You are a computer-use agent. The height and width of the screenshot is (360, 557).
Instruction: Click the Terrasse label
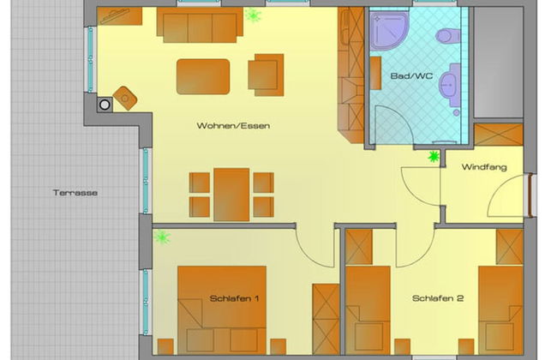pos(75,193)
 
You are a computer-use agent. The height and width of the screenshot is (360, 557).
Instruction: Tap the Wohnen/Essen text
pos(233,125)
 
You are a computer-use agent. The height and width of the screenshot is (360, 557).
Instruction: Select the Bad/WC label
pos(411,75)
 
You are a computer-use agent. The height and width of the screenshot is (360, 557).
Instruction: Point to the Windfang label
pos(484,167)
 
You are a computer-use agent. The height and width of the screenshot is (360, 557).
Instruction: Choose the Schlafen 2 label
pos(438,298)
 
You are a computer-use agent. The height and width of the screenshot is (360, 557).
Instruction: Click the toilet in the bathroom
pos(448,36)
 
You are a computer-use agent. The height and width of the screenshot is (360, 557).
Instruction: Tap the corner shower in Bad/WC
pos(389,31)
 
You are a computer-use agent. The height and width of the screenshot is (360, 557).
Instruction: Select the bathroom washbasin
pos(450,86)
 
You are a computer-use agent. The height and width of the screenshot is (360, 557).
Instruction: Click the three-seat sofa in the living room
pos(200,25)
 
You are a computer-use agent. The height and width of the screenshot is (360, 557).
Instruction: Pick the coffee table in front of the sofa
pos(203,76)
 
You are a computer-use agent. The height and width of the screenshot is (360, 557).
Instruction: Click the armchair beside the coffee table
pos(266,75)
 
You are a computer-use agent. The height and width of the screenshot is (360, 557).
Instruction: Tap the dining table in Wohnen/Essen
pos(231,195)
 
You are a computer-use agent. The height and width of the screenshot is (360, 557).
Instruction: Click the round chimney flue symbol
pos(105,105)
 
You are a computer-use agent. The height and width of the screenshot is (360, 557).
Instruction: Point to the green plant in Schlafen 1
pos(162,237)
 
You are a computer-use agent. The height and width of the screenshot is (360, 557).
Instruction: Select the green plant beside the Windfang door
pos(434,156)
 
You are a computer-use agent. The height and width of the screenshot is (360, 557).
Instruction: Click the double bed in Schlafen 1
pos(222,310)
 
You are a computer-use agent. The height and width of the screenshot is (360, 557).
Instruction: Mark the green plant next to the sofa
pos(253,15)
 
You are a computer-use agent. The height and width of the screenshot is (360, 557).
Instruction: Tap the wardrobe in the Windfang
pos(499,135)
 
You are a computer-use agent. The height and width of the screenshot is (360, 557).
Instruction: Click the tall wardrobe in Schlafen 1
pos(326,319)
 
